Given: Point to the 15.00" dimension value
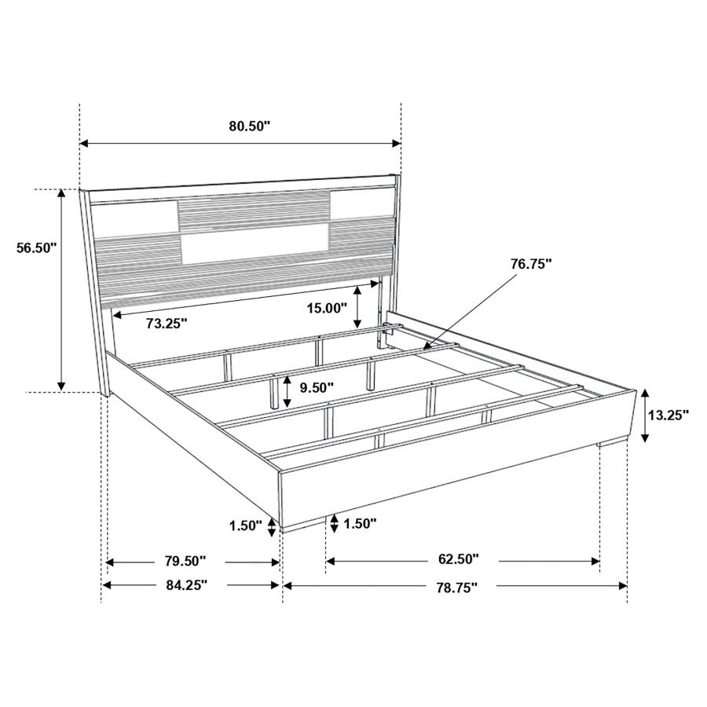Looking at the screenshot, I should tap(326, 308).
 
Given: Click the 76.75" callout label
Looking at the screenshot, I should tap(531, 265).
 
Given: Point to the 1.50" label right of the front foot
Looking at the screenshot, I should tap(360, 522).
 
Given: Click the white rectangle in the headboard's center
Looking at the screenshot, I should tap(255, 246).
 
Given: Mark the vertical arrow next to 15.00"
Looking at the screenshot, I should tap(358, 307).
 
